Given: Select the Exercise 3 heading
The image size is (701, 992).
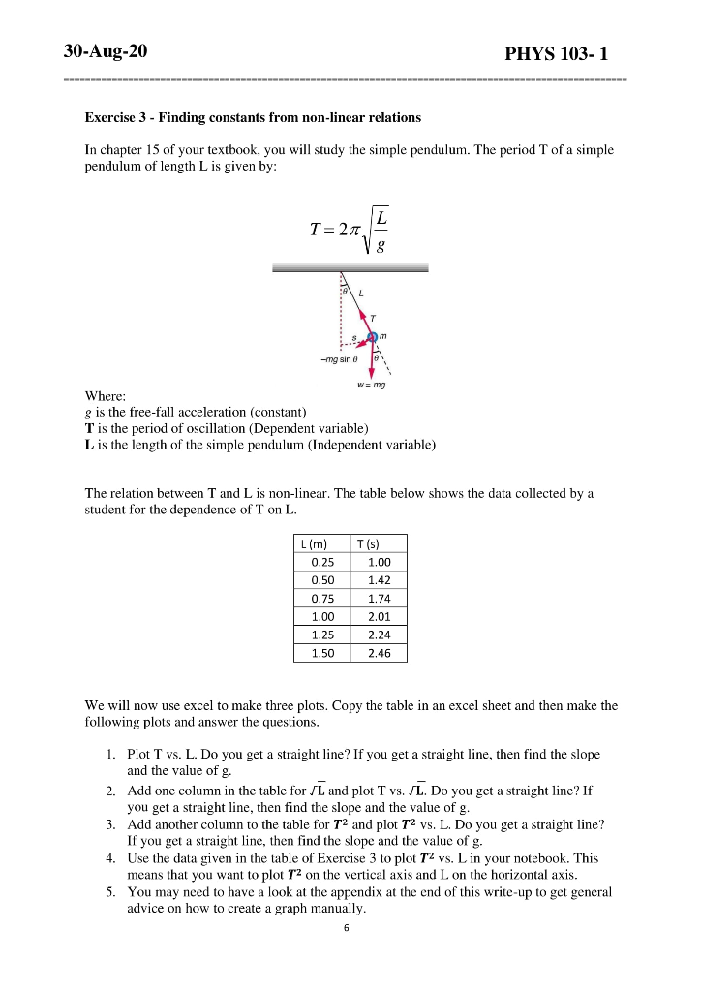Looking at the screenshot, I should pyautogui.click(x=253, y=117).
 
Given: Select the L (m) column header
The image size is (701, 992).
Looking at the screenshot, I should pyautogui.click(x=317, y=543).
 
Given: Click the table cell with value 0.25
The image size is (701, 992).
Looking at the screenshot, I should pyautogui.click(x=321, y=562).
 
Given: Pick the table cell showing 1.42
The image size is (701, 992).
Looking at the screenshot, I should pyautogui.click(x=380, y=580).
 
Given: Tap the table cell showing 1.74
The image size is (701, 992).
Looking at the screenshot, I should pyautogui.click(x=380, y=599).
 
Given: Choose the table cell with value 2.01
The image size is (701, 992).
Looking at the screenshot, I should pyautogui.click(x=380, y=617).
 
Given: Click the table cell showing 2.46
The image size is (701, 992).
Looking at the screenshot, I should pyautogui.click(x=380, y=654).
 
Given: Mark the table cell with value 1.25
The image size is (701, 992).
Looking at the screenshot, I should pyautogui.click(x=321, y=635).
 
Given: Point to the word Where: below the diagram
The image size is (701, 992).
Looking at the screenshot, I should pyautogui.click(x=105, y=395).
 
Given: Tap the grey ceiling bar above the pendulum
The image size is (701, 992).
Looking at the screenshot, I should pyautogui.click(x=350, y=268).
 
